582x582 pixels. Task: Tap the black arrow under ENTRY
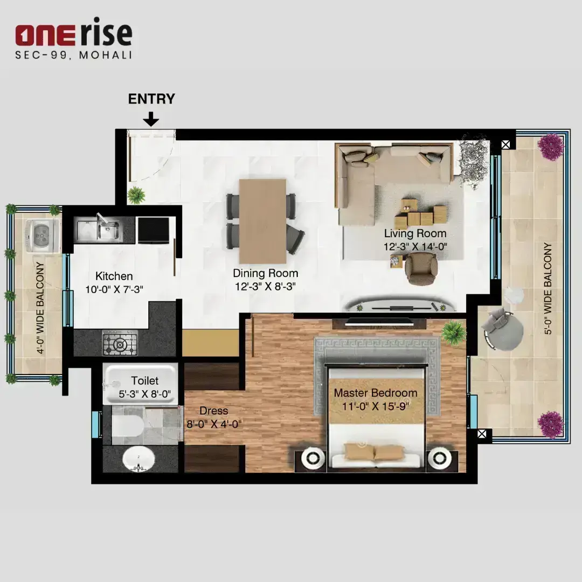(151, 119)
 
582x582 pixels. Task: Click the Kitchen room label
(114, 276)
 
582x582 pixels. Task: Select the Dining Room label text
(265, 273)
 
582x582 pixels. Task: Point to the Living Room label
(415, 233)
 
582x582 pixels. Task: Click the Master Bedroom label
(375, 393)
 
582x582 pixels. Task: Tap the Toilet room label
(145, 381)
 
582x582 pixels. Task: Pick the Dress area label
(213, 411)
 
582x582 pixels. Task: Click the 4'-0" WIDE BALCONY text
(40, 308)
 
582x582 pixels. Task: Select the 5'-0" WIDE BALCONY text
(548, 289)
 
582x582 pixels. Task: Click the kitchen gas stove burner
(120, 344)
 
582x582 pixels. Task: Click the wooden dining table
(262, 221)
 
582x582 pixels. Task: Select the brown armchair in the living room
(421, 268)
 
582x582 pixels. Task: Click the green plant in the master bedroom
(454, 332)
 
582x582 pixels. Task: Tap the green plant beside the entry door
(136, 195)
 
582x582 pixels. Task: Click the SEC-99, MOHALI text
(73, 55)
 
